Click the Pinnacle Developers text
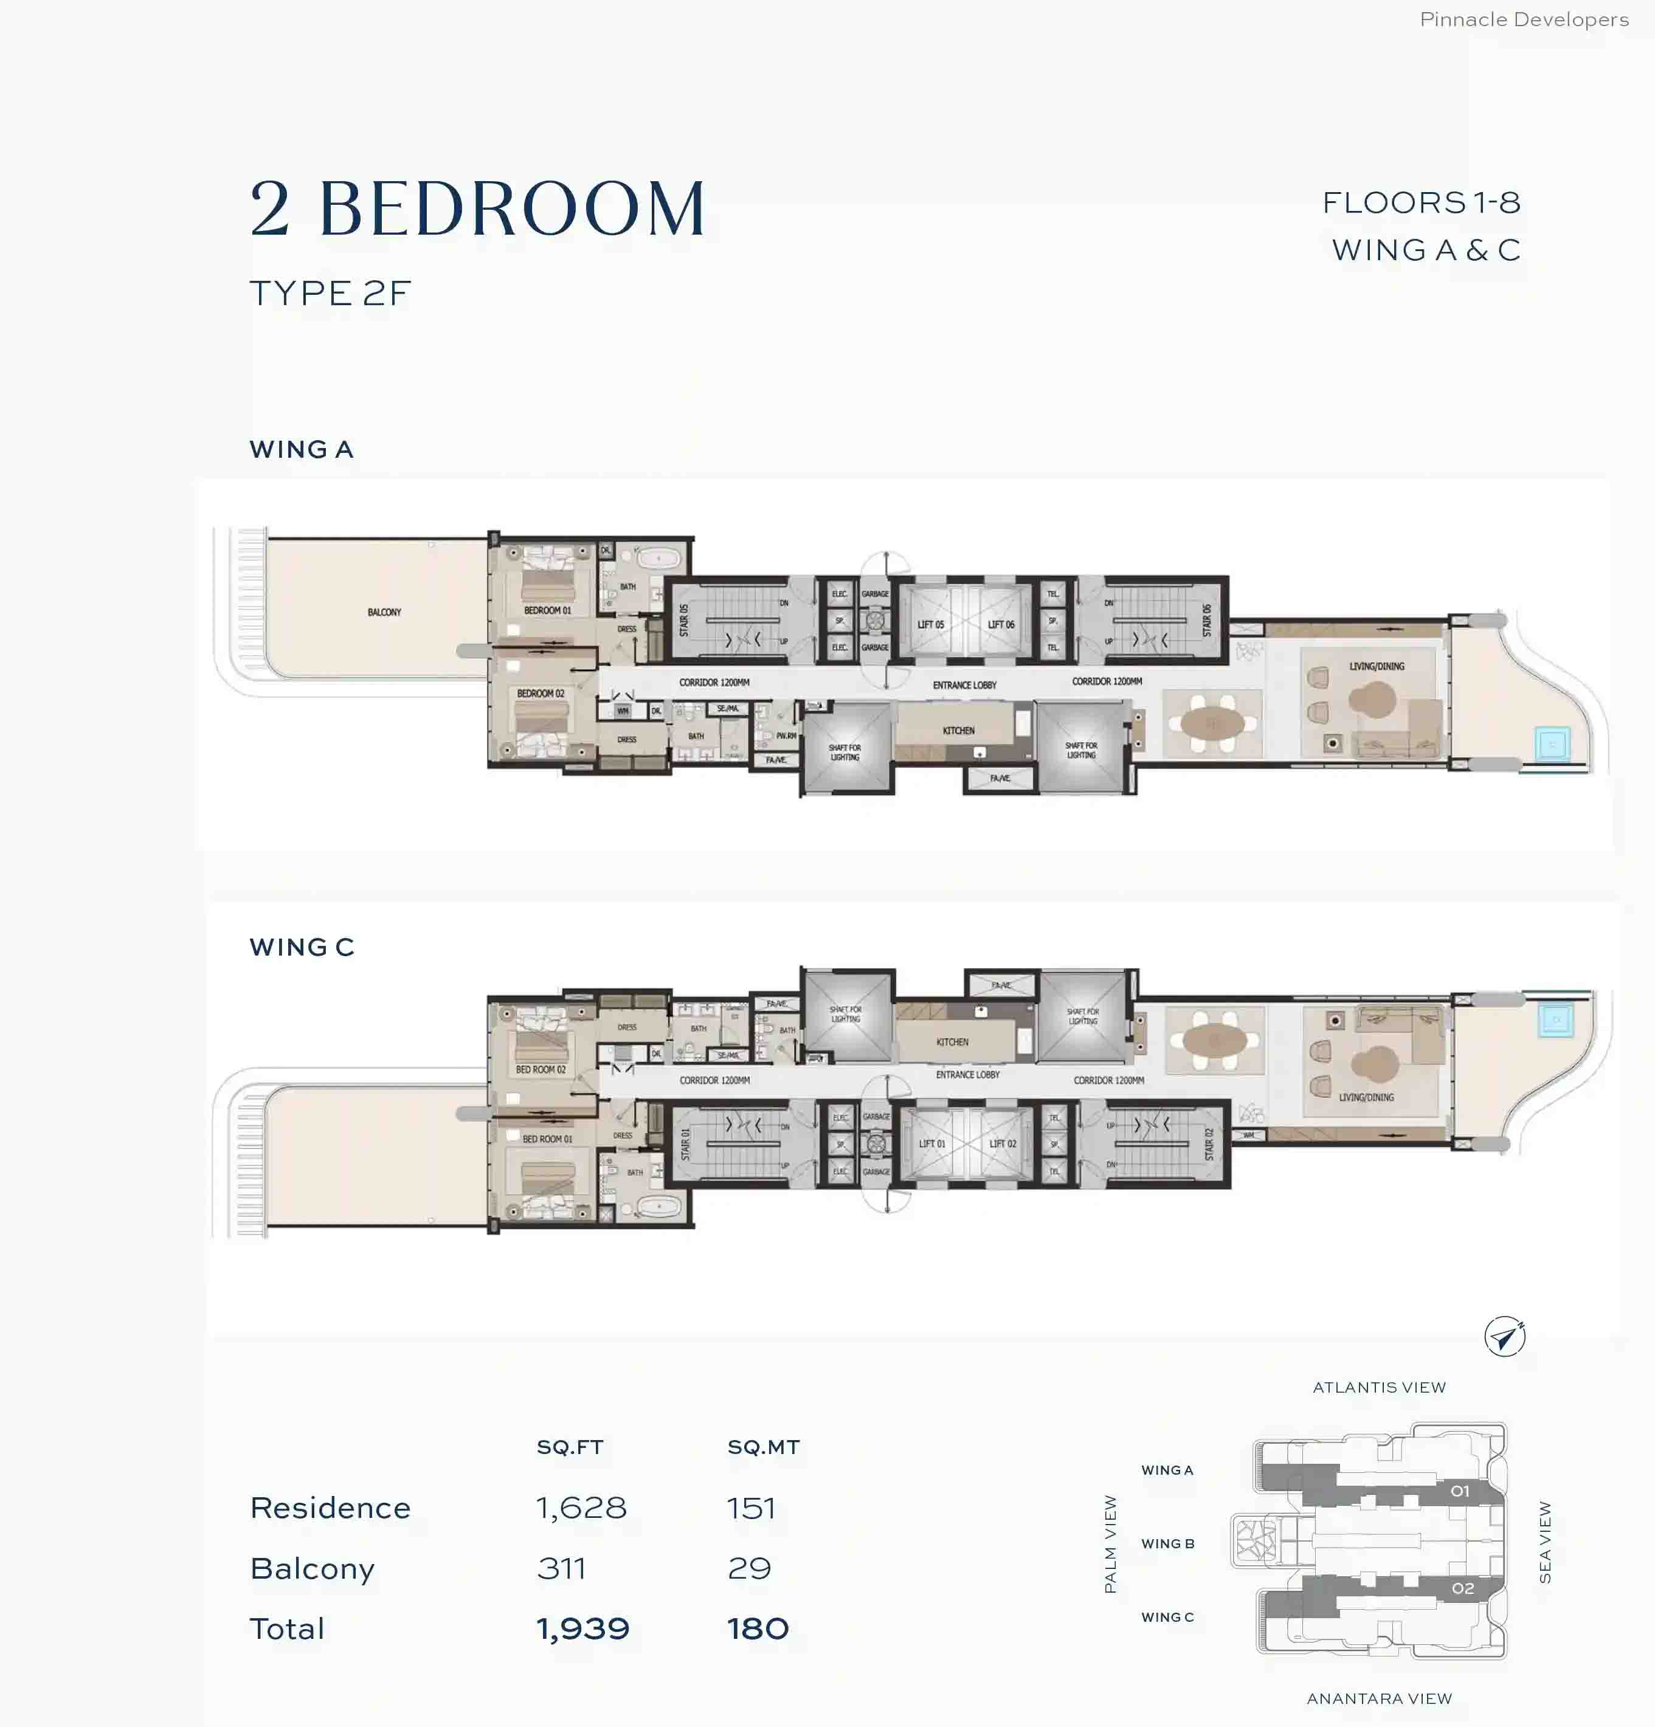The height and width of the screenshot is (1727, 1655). (1524, 19)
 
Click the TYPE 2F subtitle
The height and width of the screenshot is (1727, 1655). (331, 294)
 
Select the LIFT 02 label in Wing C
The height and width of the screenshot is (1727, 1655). (1002, 1143)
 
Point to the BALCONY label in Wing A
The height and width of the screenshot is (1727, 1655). (384, 612)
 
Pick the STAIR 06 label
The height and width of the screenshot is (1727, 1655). (1206, 620)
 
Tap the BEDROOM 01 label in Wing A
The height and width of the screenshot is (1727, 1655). (547, 610)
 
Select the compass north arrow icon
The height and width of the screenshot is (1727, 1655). (1504, 1337)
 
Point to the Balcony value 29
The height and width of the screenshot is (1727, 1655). (749, 1568)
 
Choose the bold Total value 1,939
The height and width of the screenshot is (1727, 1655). (582, 1629)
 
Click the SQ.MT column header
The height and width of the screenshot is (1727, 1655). (763, 1447)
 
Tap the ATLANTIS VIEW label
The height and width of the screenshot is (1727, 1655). (1379, 1388)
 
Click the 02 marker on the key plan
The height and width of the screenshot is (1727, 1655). (1463, 1588)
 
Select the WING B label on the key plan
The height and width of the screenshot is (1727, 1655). (1167, 1544)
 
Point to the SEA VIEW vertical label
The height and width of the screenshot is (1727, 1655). (1545, 1542)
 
